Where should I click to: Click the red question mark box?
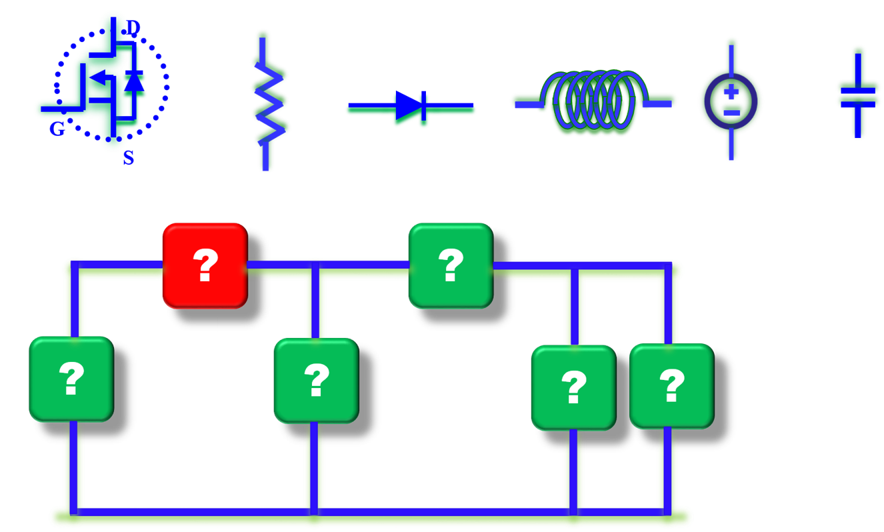pyautogui.click(x=205, y=265)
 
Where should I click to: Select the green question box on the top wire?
pyautogui.click(x=450, y=265)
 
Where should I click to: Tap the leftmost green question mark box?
pyautogui.click(x=71, y=379)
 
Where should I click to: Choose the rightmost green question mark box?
pyautogui.click(x=671, y=385)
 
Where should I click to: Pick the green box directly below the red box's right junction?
pyautogui.click(x=316, y=380)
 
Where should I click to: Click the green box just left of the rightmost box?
pyautogui.click(x=573, y=387)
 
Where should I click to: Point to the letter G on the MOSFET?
pyautogui.click(x=57, y=129)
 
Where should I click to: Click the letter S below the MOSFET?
pyautogui.click(x=128, y=158)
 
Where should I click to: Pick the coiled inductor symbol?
pyautogui.click(x=594, y=100)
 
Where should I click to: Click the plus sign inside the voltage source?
pyautogui.click(x=731, y=91)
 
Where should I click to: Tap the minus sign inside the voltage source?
pyautogui.click(x=731, y=112)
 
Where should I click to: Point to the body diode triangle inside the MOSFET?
pyautogui.click(x=135, y=81)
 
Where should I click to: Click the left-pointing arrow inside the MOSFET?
pyautogui.click(x=99, y=79)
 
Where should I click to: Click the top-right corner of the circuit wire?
pyautogui.click(x=668, y=265)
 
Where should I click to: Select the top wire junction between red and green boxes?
pyautogui.click(x=315, y=265)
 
